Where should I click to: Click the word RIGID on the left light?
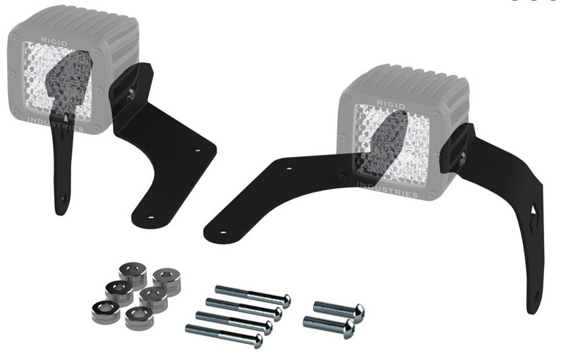pos(54,42)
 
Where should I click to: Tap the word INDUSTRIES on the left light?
pos(56,124)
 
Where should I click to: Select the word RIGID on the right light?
pos(391,105)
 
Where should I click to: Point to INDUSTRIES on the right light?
pos(387,190)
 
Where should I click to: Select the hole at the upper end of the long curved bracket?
pos(289,169)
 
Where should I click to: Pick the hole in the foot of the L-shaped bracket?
pos(150,217)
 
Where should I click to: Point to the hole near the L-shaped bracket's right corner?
pos(197,150)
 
